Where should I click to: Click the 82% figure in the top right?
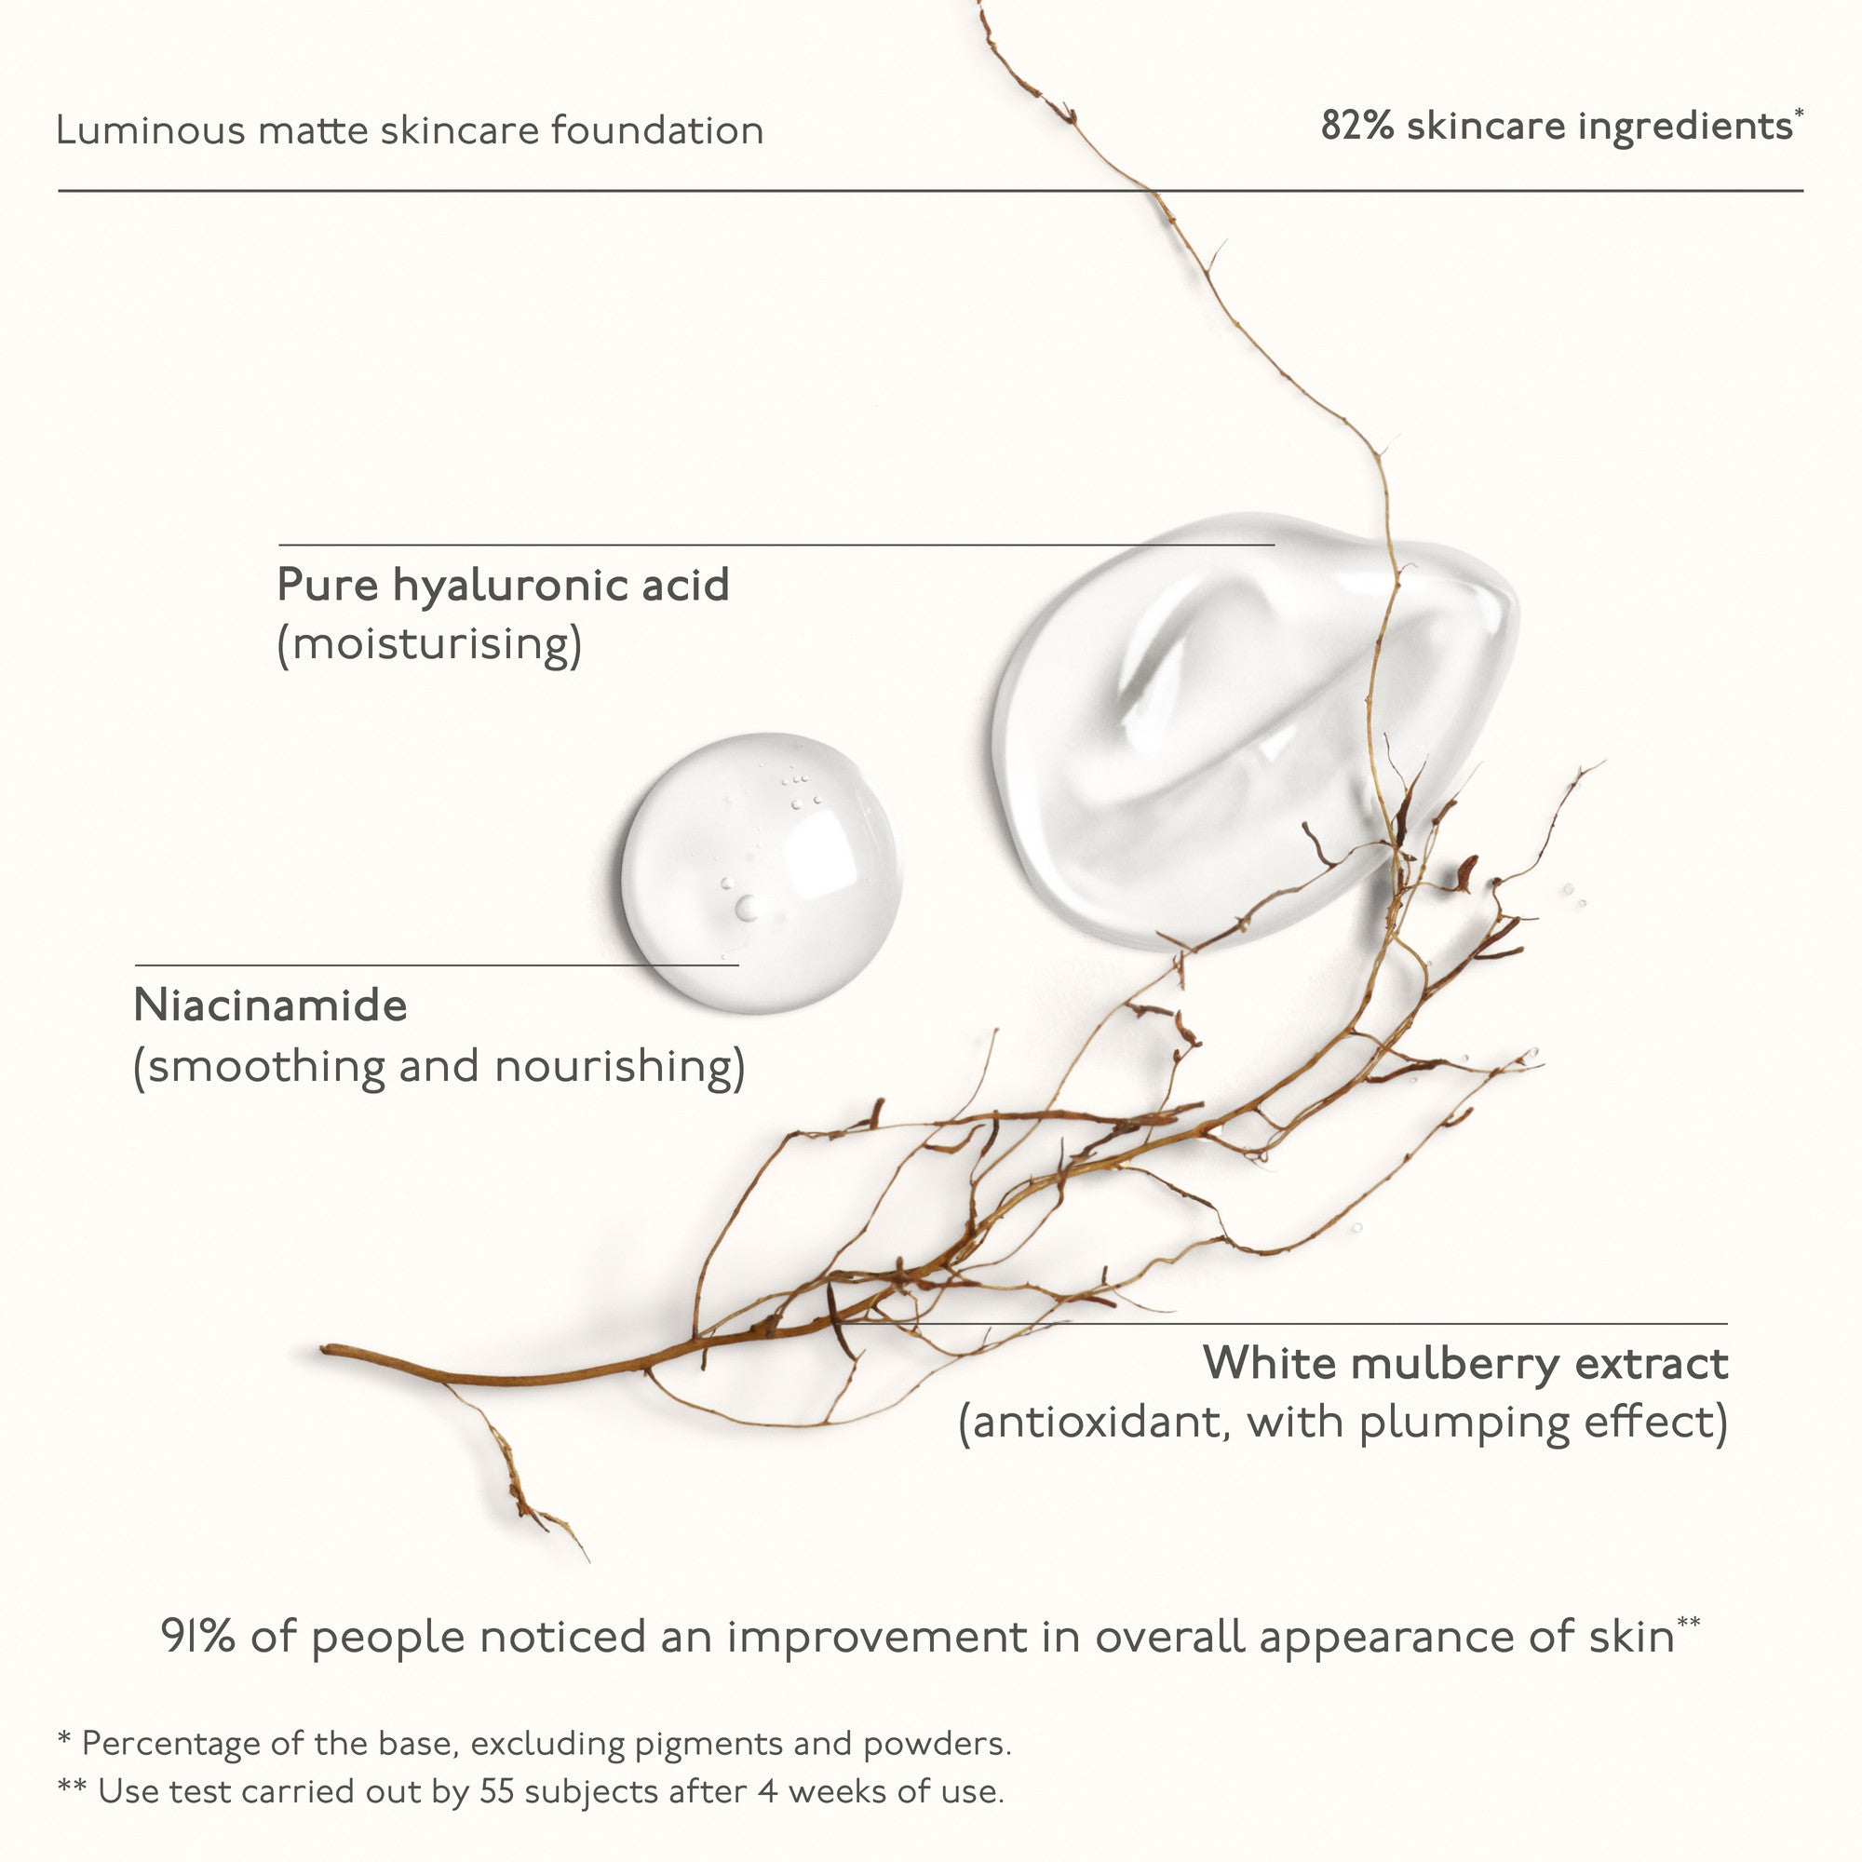[1357, 127]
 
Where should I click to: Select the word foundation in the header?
[657, 130]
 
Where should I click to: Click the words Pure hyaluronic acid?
[503, 586]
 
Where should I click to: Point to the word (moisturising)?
[430, 644]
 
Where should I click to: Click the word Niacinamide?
[271, 1005]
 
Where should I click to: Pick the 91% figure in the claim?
[198, 1637]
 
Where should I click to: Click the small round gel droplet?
[762, 872]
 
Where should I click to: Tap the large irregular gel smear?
[1253, 728]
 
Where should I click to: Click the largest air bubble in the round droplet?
[747, 907]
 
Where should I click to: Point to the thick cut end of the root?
[326, 1350]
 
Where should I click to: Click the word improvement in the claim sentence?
[877, 1638]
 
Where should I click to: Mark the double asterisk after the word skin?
[1688, 1623]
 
